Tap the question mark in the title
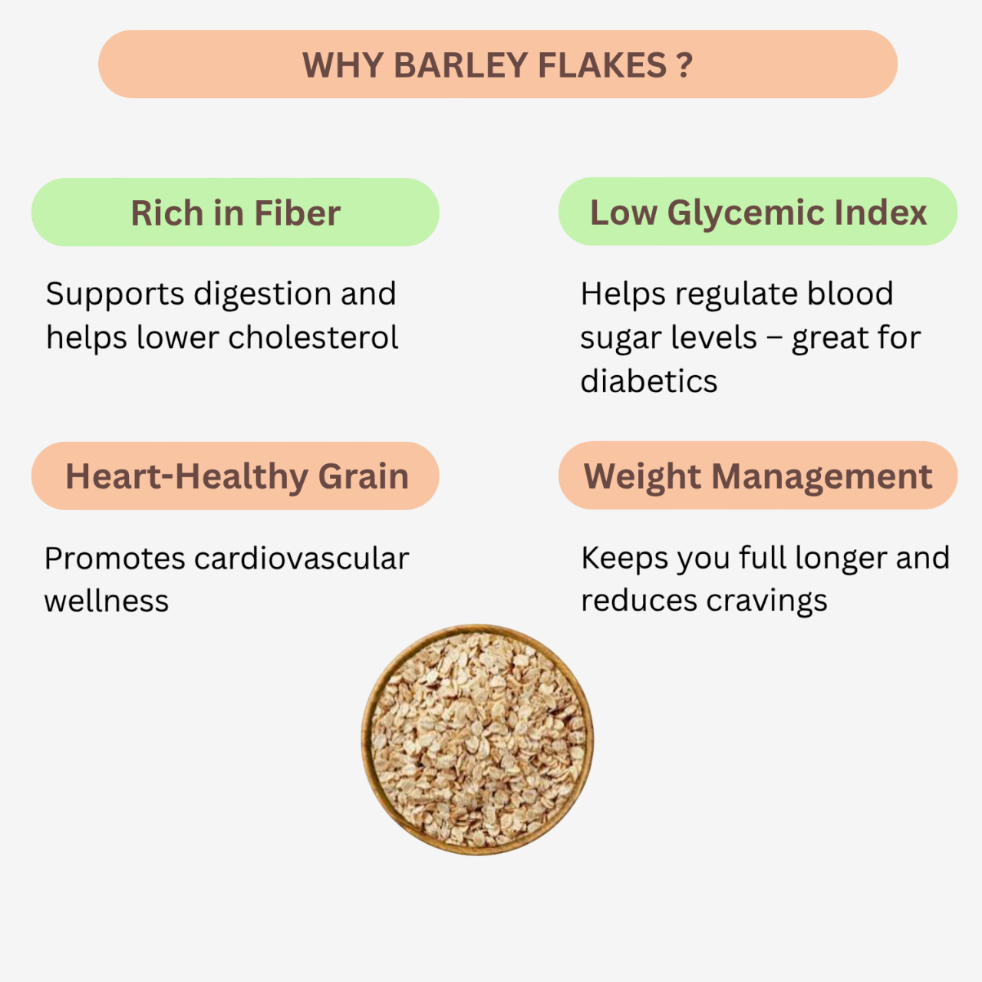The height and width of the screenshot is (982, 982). click(685, 65)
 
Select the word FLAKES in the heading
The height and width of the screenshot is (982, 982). click(602, 65)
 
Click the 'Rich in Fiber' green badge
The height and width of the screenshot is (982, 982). click(235, 213)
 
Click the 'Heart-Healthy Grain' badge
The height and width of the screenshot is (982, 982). click(235, 476)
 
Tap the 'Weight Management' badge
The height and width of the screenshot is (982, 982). click(757, 476)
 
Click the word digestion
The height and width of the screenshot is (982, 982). click(262, 295)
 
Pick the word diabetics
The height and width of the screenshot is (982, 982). click(648, 381)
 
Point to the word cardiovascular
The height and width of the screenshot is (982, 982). click(302, 559)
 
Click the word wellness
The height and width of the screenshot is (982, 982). click(107, 601)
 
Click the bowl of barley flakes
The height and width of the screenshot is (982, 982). click(477, 740)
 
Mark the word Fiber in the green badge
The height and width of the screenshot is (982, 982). click(297, 213)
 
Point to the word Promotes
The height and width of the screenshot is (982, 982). click(114, 559)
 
